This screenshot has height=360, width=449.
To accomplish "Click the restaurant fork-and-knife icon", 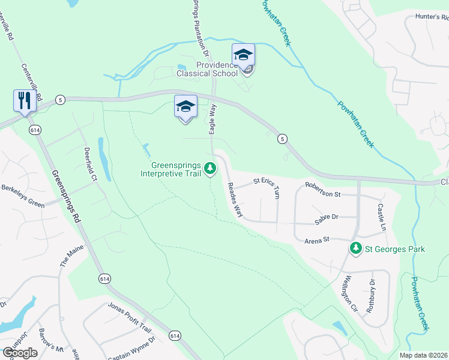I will (x=25, y=100).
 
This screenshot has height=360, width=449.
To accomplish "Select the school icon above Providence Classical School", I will (x=244, y=55).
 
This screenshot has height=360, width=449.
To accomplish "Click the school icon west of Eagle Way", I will (x=185, y=107).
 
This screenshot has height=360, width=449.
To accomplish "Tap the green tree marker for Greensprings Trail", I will (x=210, y=168).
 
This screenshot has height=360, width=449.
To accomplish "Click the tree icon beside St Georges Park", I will (x=356, y=248).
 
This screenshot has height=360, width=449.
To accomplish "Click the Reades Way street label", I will (x=235, y=200).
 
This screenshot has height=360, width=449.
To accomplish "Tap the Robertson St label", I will (x=322, y=194).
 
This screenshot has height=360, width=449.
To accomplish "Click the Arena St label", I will (x=318, y=240).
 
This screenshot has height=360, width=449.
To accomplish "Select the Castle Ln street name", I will (x=381, y=217).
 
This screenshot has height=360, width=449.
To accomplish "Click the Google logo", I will (x=20, y=353).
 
